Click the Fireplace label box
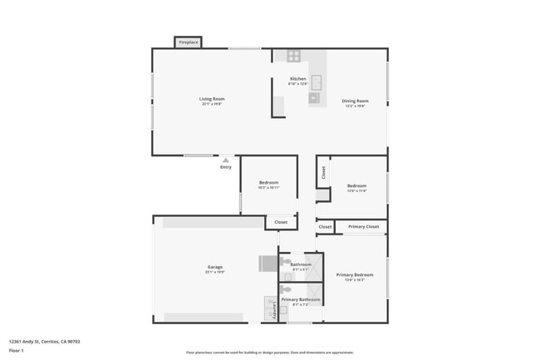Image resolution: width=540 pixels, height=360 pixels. (x=189, y=42)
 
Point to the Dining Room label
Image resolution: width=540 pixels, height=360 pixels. (x=356, y=101)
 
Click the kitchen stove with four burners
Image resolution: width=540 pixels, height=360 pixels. (x=293, y=56)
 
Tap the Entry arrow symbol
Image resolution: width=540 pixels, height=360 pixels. (x=225, y=160)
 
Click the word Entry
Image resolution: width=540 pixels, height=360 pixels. (x=226, y=167)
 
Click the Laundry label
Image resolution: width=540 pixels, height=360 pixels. (x=275, y=311)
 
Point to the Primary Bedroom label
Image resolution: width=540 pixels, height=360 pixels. (x=355, y=274)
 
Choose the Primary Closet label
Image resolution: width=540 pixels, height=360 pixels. (x=363, y=226)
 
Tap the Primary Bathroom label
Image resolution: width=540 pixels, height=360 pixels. (x=300, y=299)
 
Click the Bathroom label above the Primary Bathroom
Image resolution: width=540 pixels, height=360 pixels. (x=300, y=264)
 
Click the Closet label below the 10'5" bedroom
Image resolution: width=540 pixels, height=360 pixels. (x=281, y=222)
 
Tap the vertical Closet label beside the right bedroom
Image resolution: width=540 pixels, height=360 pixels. (x=323, y=173)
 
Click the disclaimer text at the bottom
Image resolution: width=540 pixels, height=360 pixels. (x=270, y=353)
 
